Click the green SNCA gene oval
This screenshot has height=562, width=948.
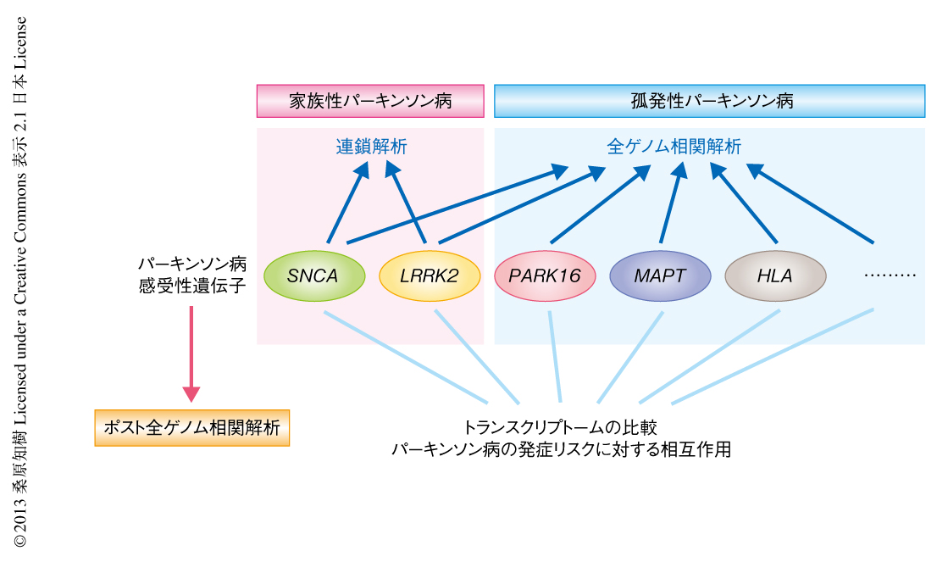pyautogui.click(x=314, y=276)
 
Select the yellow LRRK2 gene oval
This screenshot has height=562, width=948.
pyautogui.click(x=429, y=276)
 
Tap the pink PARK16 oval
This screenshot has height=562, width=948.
pyautogui.click(x=544, y=276)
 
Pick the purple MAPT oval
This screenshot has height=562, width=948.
pyautogui.click(x=660, y=276)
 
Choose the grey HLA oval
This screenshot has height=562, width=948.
pyautogui.click(x=775, y=276)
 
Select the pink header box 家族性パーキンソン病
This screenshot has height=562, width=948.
pyautogui.click(x=370, y=101)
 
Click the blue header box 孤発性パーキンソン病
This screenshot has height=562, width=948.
pyautogui.click(x=709, y=101)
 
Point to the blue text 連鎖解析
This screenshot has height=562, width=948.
pyautogui.click(x=371, y=147)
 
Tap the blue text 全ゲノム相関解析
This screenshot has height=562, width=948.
pyautogui.click(x=674, y=147)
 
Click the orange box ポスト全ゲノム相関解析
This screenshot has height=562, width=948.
pyautogui.click(x=192, y=427)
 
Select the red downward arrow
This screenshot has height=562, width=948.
pyautogui.click(x=191, y=352)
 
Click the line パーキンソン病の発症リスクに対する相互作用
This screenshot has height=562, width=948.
pyautogui.click(x=560, y=450)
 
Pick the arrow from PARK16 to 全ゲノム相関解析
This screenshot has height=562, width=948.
pyautogui.click(x=597, y=206)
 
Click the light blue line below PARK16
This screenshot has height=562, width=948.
pyautogui.click(x=555, y=356)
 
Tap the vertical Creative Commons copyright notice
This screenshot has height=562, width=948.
pyautogui.click(x=21, y=280)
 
